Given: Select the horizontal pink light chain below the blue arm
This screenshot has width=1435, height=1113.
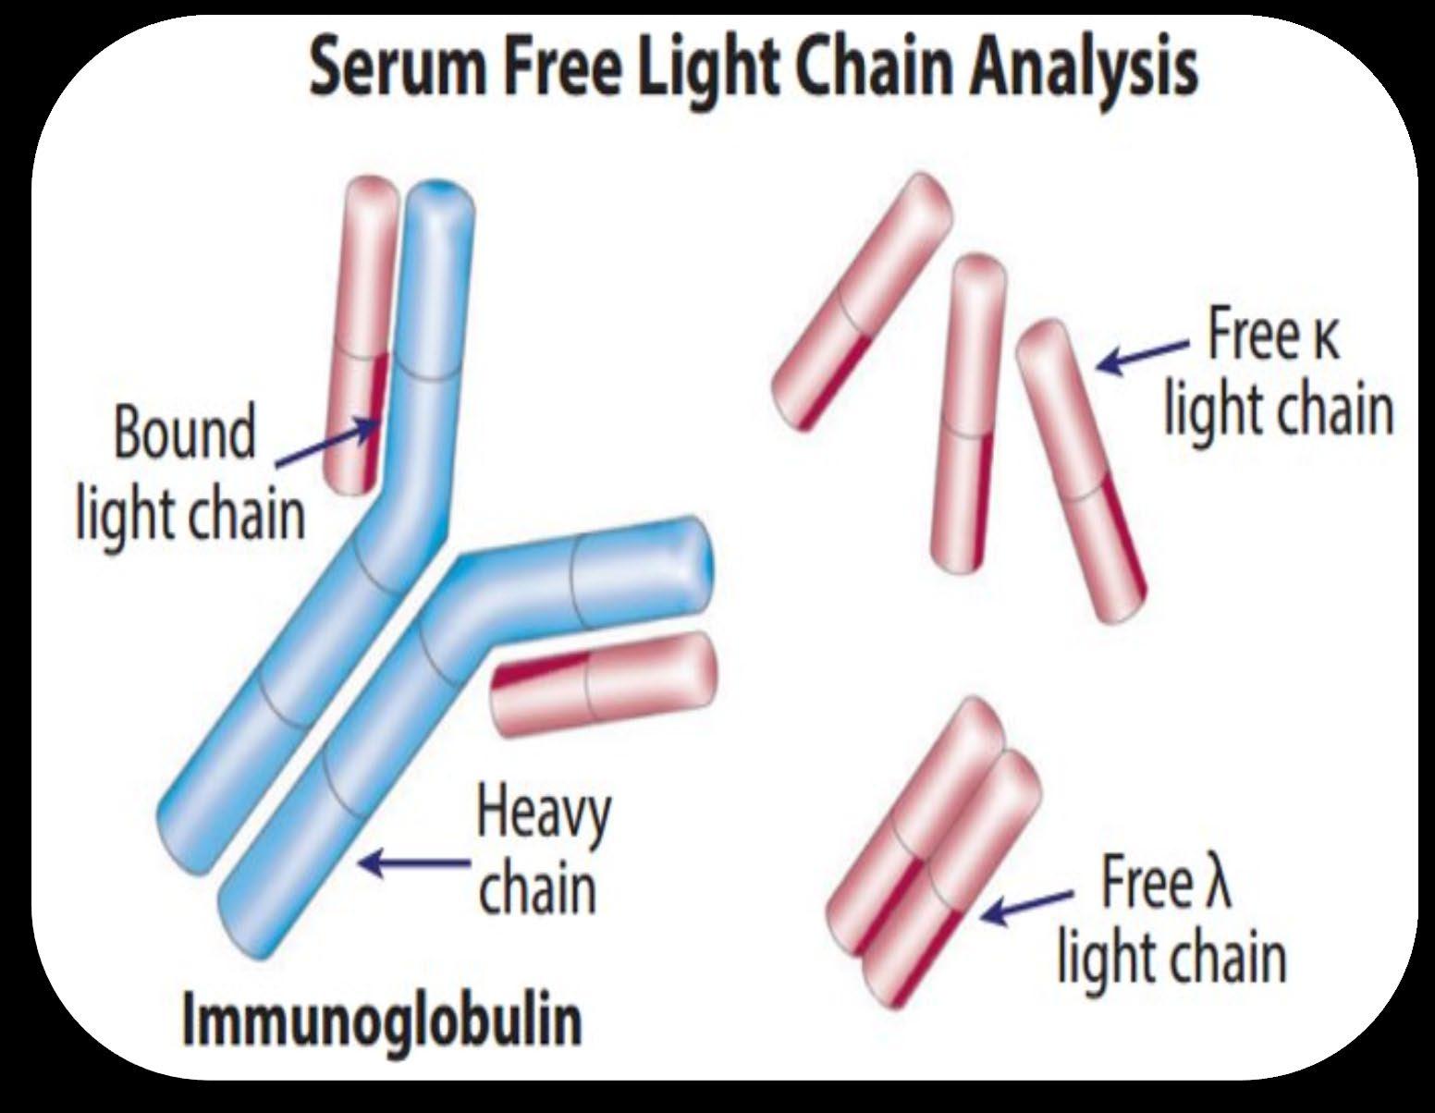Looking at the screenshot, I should tap(604, 685).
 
